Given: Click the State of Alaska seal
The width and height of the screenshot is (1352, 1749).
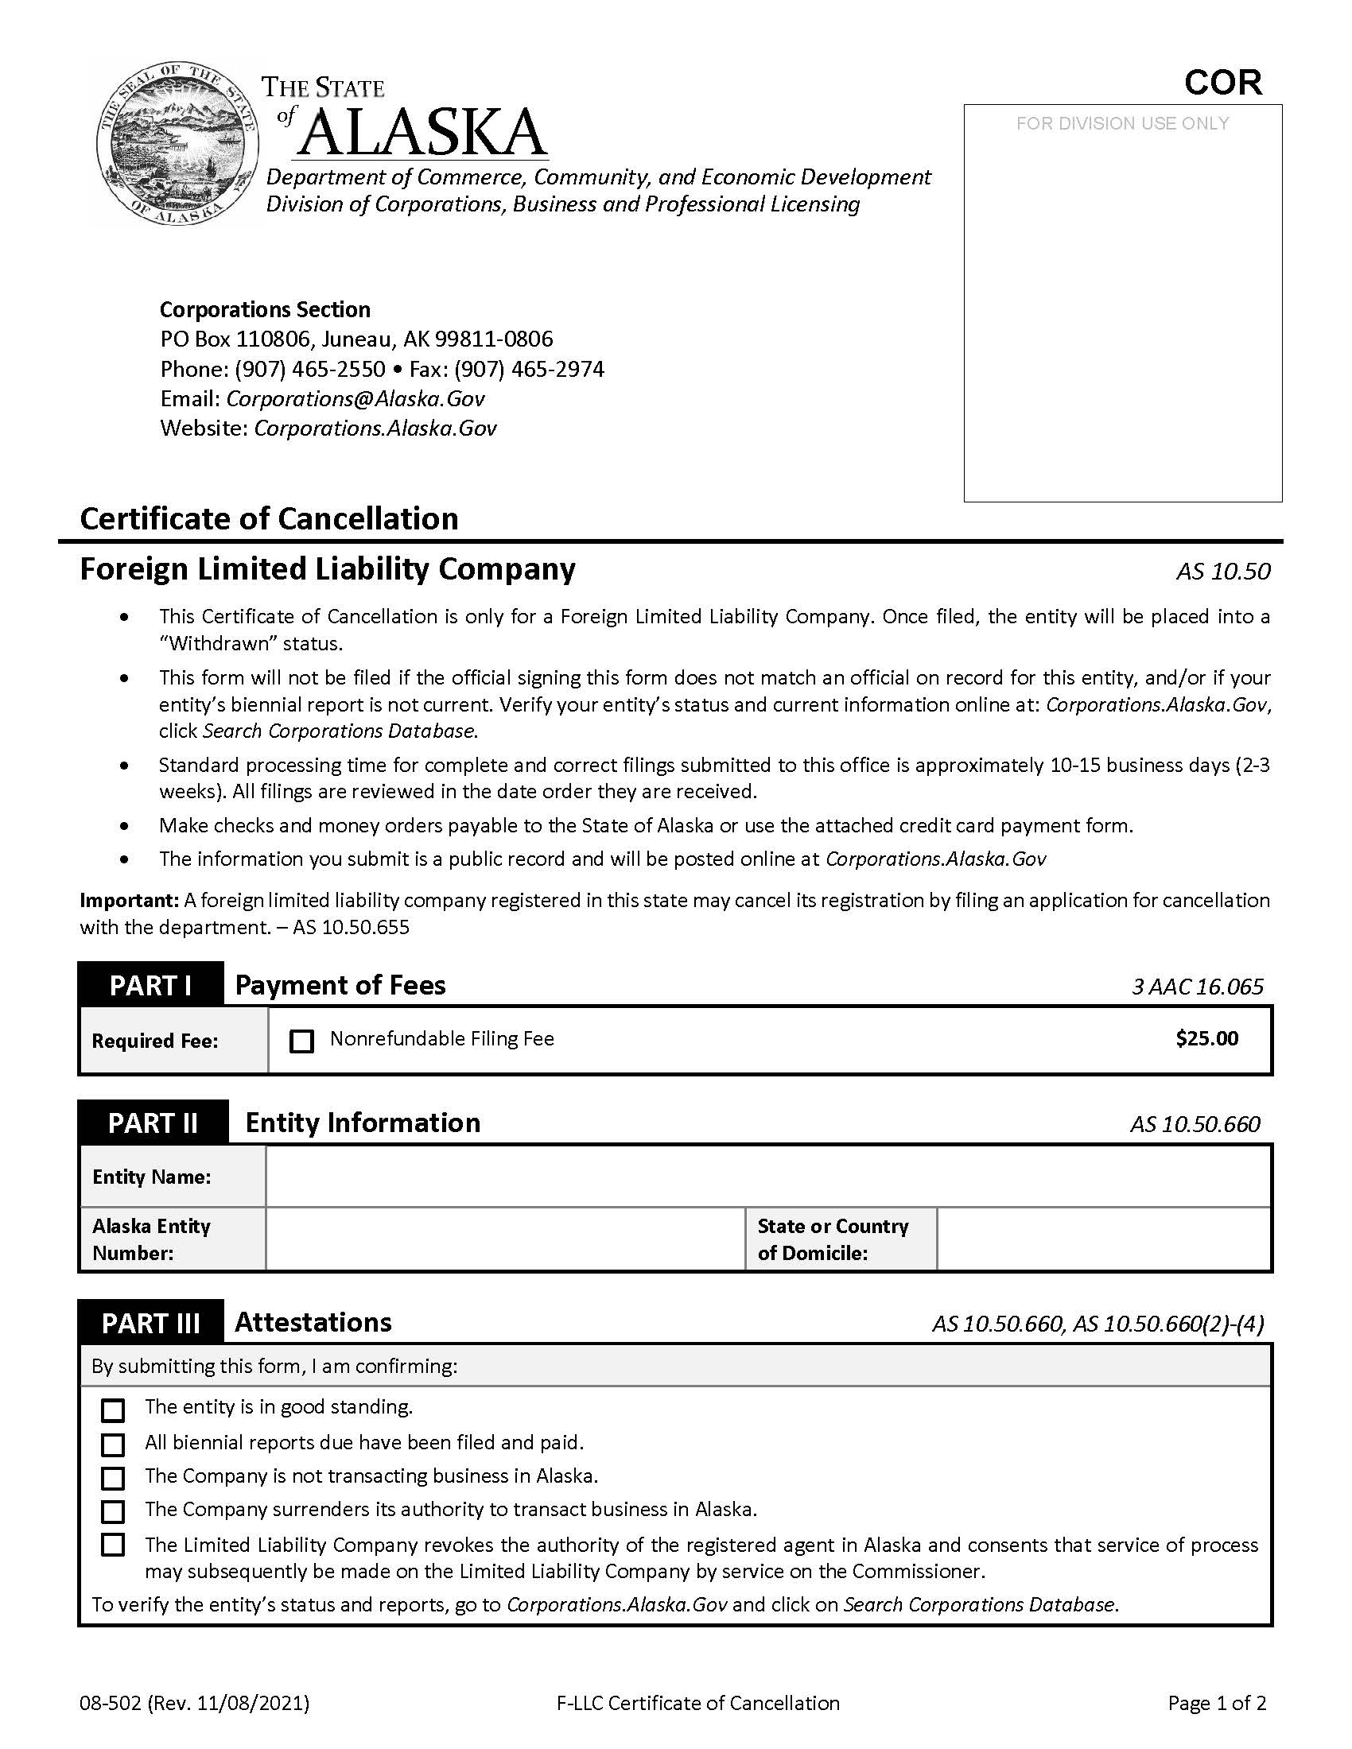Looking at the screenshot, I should click(x=177, y=145).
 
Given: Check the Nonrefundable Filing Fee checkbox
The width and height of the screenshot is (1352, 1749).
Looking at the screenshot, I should click(x=301, y=1041).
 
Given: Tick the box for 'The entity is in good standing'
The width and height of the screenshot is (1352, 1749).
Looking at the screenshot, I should click(x=113, y=1410).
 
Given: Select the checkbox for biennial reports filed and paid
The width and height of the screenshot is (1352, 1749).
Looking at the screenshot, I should click(x=113, y=1445).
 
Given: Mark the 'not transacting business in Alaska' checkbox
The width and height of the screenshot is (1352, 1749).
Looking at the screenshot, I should click(x=113, y=1478).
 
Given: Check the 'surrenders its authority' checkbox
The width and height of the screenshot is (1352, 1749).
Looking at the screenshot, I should click(x=113, y=1511).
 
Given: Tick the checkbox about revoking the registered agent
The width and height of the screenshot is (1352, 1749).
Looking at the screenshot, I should click(x=113, y=1545).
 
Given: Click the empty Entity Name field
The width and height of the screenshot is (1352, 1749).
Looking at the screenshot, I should click(x=767, y=1177).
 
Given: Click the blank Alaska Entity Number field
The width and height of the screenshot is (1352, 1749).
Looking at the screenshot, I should click(x=504, y=1239).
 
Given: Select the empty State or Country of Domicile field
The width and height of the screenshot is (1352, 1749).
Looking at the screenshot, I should click(x=1103, y=1239).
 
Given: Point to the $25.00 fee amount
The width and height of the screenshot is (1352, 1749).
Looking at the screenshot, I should click(x=1206, y=1039).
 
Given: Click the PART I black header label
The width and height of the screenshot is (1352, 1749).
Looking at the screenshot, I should click(x=150, y=985).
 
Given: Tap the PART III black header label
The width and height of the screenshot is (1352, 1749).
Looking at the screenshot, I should click(x=150, y=1323).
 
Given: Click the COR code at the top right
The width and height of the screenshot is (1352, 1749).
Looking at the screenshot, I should click(x=1222, y=83).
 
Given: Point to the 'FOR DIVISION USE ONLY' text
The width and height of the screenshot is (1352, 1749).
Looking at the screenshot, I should click(x=1122, y=123).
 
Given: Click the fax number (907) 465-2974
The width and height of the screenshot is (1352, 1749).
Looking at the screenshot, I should click(x=530, y=369).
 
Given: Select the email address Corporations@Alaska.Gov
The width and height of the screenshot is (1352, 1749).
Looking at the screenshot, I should click(x=355, y=399).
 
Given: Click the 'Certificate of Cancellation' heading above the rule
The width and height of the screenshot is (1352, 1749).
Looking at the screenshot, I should click(x=269, y=519).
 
